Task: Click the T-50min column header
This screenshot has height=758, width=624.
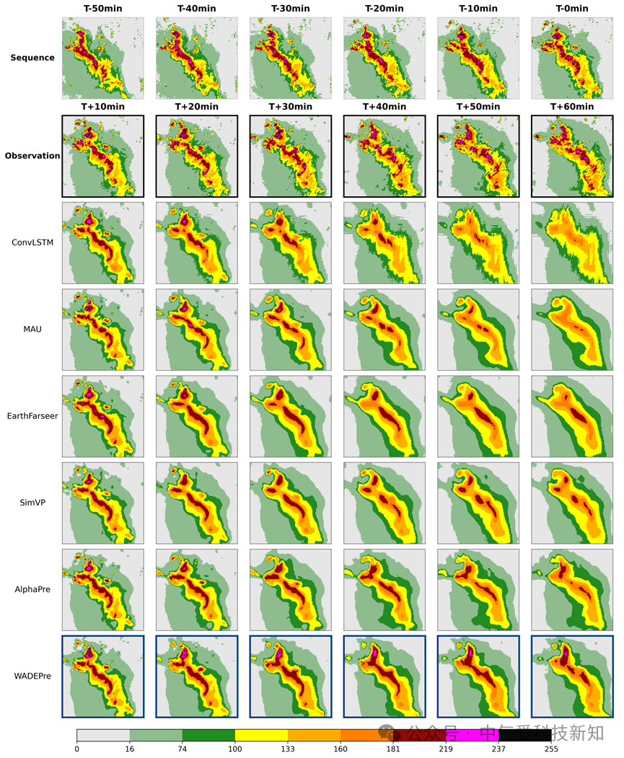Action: [102, 9]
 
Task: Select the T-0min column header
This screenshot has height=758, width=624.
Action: [571, 9]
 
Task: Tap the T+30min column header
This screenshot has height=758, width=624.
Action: [290, 107]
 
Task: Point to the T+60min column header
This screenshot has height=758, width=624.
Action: [571, 107]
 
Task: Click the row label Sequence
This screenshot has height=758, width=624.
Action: [32, 58]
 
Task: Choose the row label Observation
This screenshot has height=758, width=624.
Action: [32, 156]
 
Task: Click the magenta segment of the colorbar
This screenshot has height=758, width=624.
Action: [473, 735]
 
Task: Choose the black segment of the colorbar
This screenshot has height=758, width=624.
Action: [525, 735]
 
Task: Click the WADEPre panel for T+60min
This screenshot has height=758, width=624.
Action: [571, 676]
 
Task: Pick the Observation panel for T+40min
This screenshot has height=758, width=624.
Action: [384, 156]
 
